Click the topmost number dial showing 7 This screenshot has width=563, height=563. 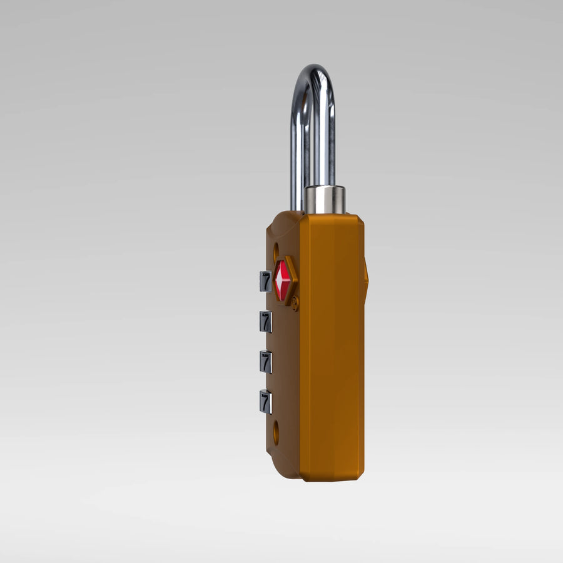coord(266,281)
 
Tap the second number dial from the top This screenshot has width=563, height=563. coord(266,322)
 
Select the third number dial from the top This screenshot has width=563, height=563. coord(266,362)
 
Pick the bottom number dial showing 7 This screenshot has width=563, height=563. coord(266,402)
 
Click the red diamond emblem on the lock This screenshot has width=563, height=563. coord(282,280)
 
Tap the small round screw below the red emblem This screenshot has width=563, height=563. coord(295,304)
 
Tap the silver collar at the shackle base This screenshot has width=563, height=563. coord(324,199)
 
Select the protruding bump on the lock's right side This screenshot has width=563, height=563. coord(366,278)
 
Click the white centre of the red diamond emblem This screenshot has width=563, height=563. coord(280,280)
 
